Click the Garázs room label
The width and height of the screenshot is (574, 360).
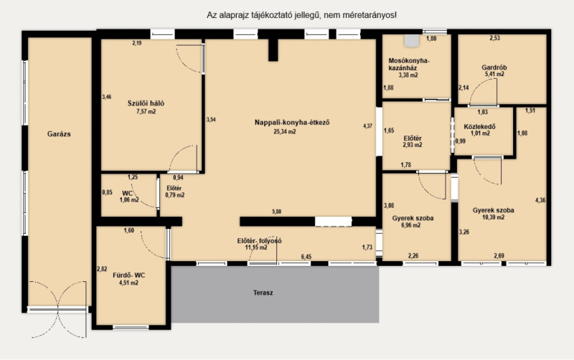59,134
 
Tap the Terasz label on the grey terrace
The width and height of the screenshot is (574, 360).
263,293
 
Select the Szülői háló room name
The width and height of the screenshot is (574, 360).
146,103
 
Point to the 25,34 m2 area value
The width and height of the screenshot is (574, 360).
284,132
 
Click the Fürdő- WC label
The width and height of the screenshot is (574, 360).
129,275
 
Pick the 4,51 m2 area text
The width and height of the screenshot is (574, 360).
129,283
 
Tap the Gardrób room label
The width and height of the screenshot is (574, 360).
494,67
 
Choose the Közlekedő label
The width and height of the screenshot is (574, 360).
479,127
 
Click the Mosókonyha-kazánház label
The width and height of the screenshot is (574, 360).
409,65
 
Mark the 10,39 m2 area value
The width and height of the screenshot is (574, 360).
494,217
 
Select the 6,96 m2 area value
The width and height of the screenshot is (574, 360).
411,225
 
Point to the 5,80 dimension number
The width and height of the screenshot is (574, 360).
277,212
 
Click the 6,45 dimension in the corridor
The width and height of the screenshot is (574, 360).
306,257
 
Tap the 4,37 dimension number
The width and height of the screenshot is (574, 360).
367,125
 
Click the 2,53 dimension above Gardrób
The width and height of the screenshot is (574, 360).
494,38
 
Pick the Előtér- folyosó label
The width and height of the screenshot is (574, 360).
259,241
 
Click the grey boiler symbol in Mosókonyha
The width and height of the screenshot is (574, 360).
412,41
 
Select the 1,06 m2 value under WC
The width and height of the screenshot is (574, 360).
129,200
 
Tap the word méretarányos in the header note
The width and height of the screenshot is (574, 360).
375,15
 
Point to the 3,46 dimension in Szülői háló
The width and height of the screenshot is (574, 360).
106,97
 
